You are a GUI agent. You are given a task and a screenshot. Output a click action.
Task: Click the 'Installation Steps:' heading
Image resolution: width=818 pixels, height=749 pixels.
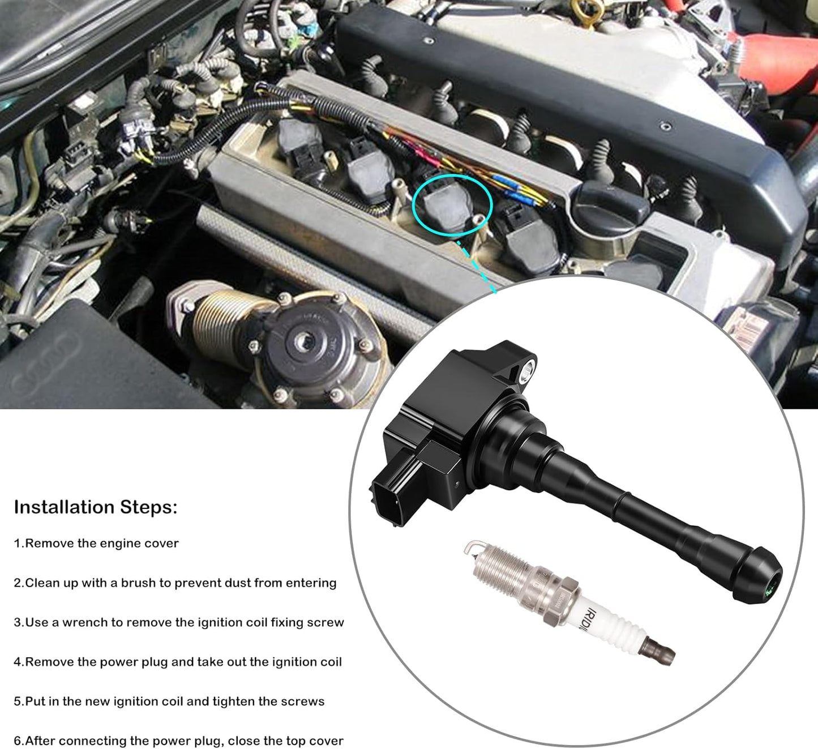95,507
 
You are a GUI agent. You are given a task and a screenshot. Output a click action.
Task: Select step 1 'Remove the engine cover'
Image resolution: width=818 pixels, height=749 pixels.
96,543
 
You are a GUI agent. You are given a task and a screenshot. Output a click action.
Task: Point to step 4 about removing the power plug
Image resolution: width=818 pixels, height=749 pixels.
178,662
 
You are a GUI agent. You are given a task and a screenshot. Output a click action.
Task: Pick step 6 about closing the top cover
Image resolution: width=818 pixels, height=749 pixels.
178,741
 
